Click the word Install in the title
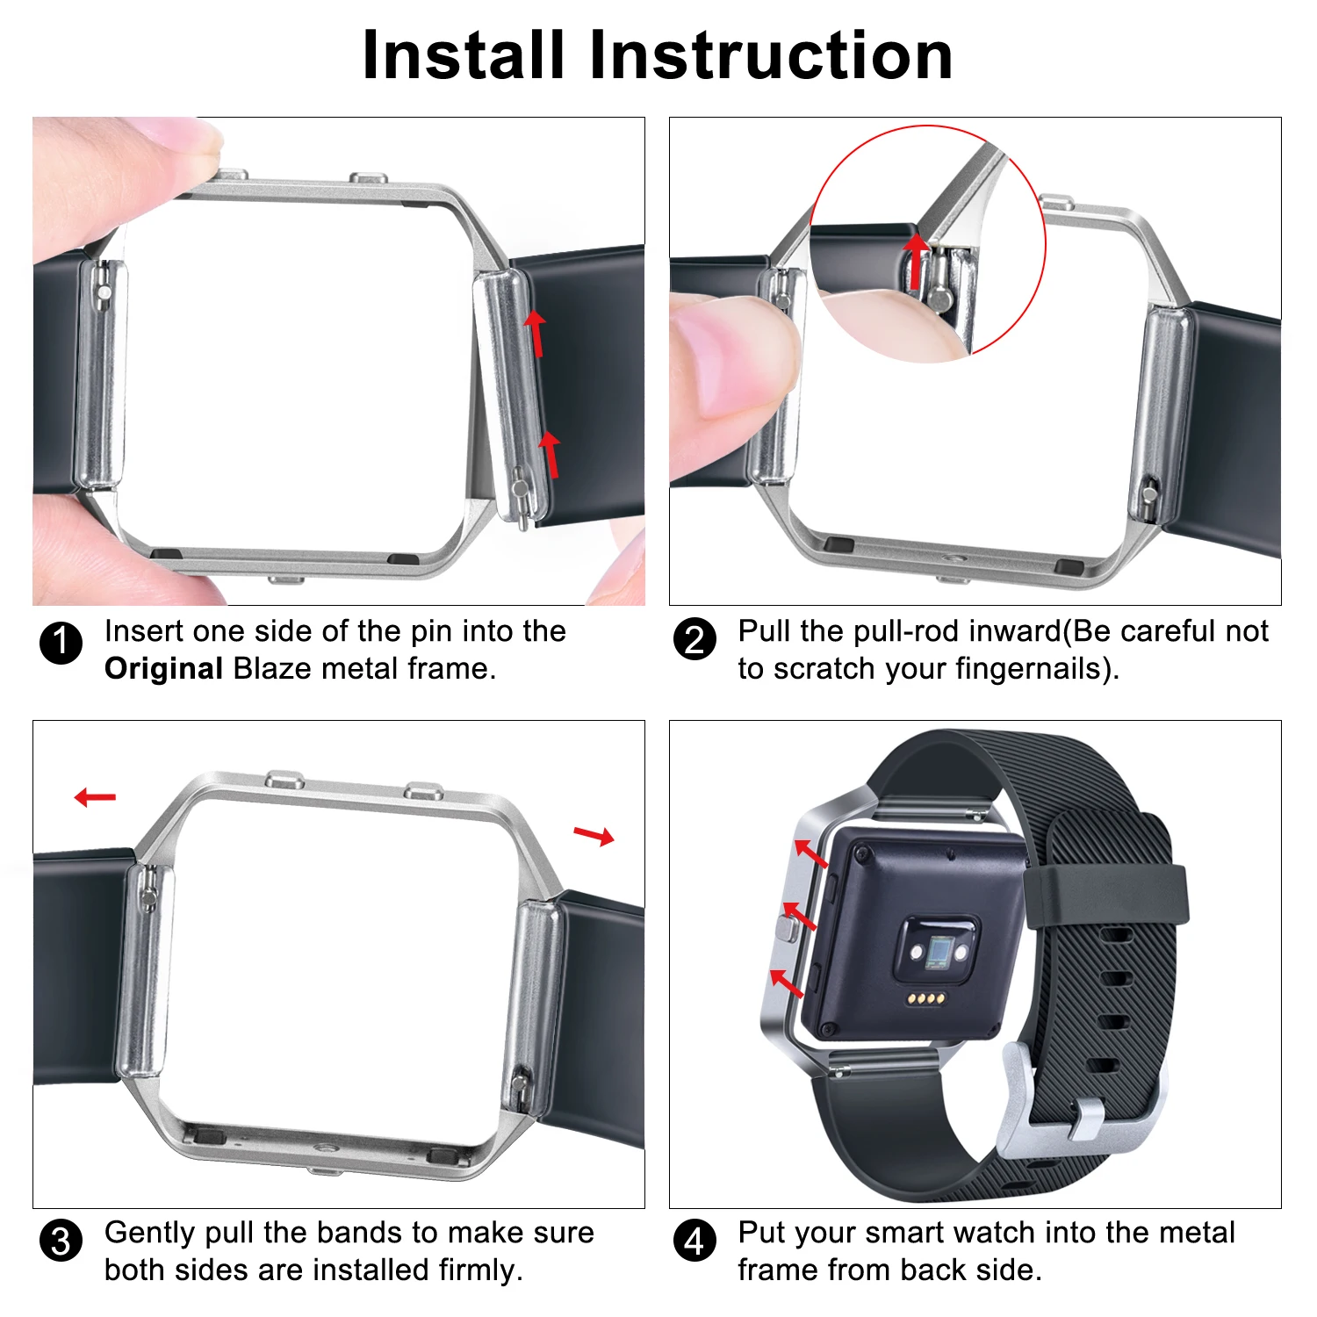(x=463, y=55)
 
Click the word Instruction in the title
(x=770, y=55)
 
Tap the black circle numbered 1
(x=61, y=644)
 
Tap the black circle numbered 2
(x=694, y=639)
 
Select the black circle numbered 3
(x=61, y=1241)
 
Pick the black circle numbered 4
(x=694, y=1241)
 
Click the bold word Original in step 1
(x=163, y=669)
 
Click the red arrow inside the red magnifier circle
(x=916, y=260)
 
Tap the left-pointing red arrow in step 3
(x=95, y=797)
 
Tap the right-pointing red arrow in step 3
(x=594, y=835)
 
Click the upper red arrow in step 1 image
(x=536, y=332)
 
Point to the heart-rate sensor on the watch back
(x=939, y=952)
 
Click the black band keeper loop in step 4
(x=1106, y=896)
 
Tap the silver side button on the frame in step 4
(x=788, y=929)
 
